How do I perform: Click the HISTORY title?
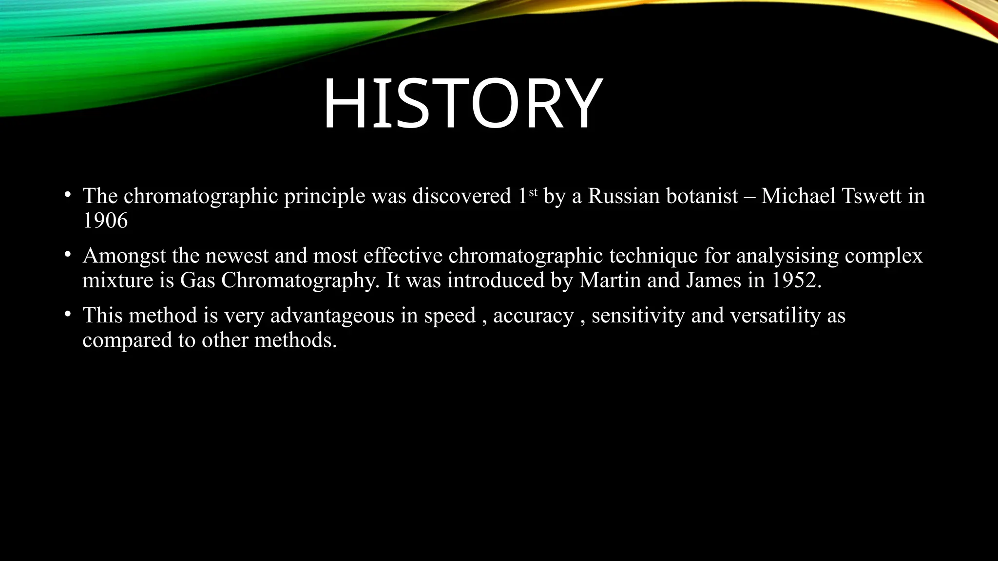pyautogui.click(x=462, y=104)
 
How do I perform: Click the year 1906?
pyautogui.click(x=105, y=221)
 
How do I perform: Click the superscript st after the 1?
pyautogui.click(x=533, y=192)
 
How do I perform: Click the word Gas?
pyautogui.click(x=197, y=280)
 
